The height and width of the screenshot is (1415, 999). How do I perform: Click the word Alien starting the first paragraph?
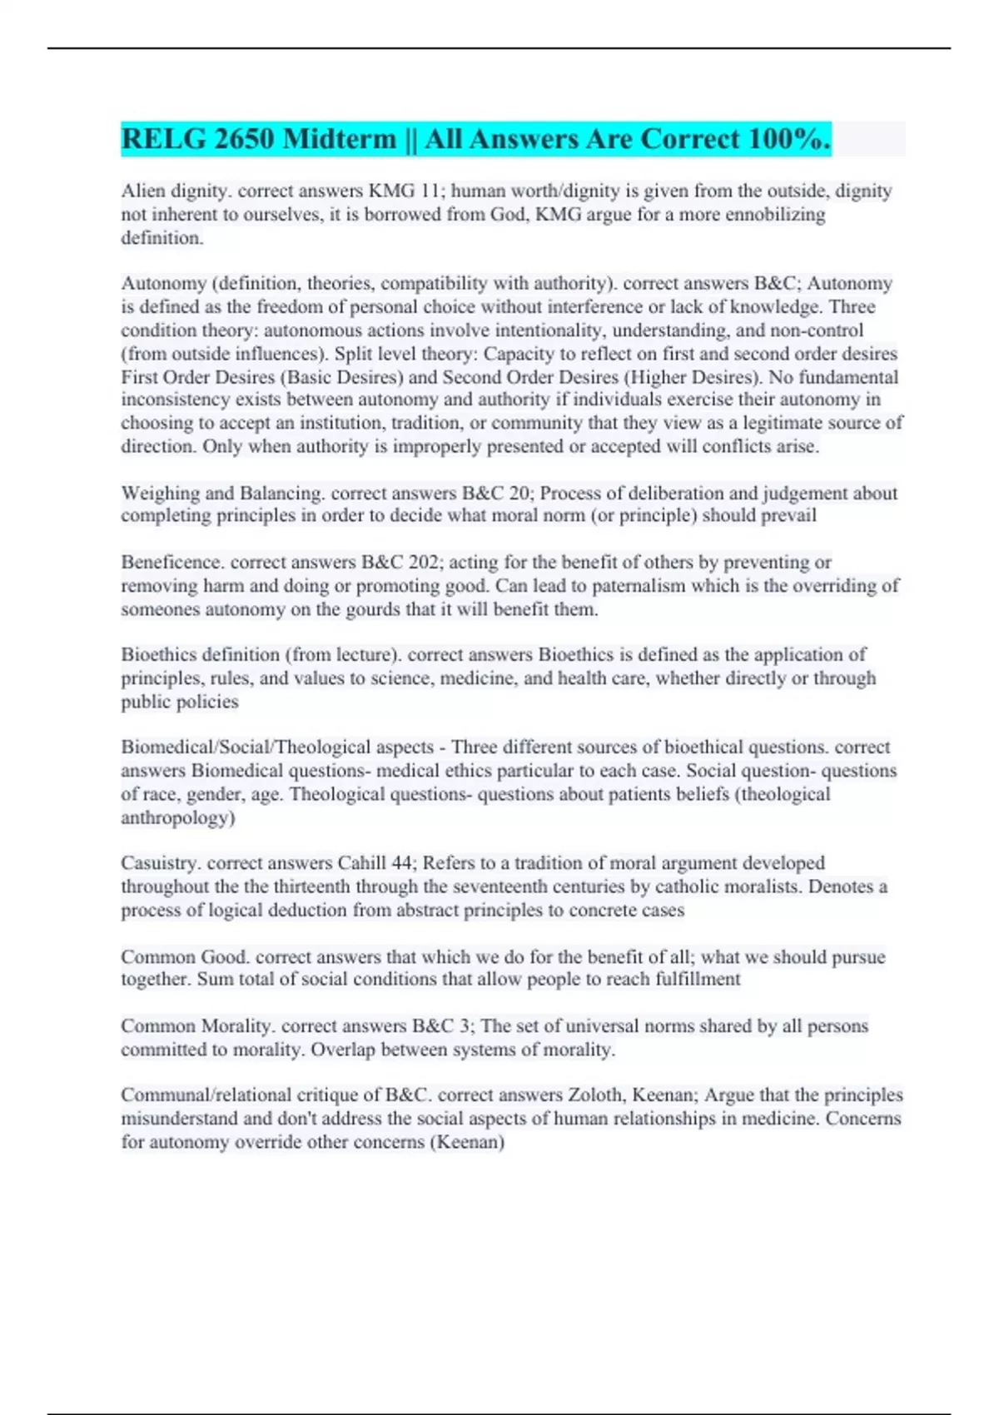point(142,191)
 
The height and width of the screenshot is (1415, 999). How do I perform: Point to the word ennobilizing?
point(771,215)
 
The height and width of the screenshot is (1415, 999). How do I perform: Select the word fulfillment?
point(695,979)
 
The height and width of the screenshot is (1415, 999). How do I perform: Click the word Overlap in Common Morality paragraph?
point(343,1050)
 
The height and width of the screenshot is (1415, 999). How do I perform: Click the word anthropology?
point(177,817)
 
